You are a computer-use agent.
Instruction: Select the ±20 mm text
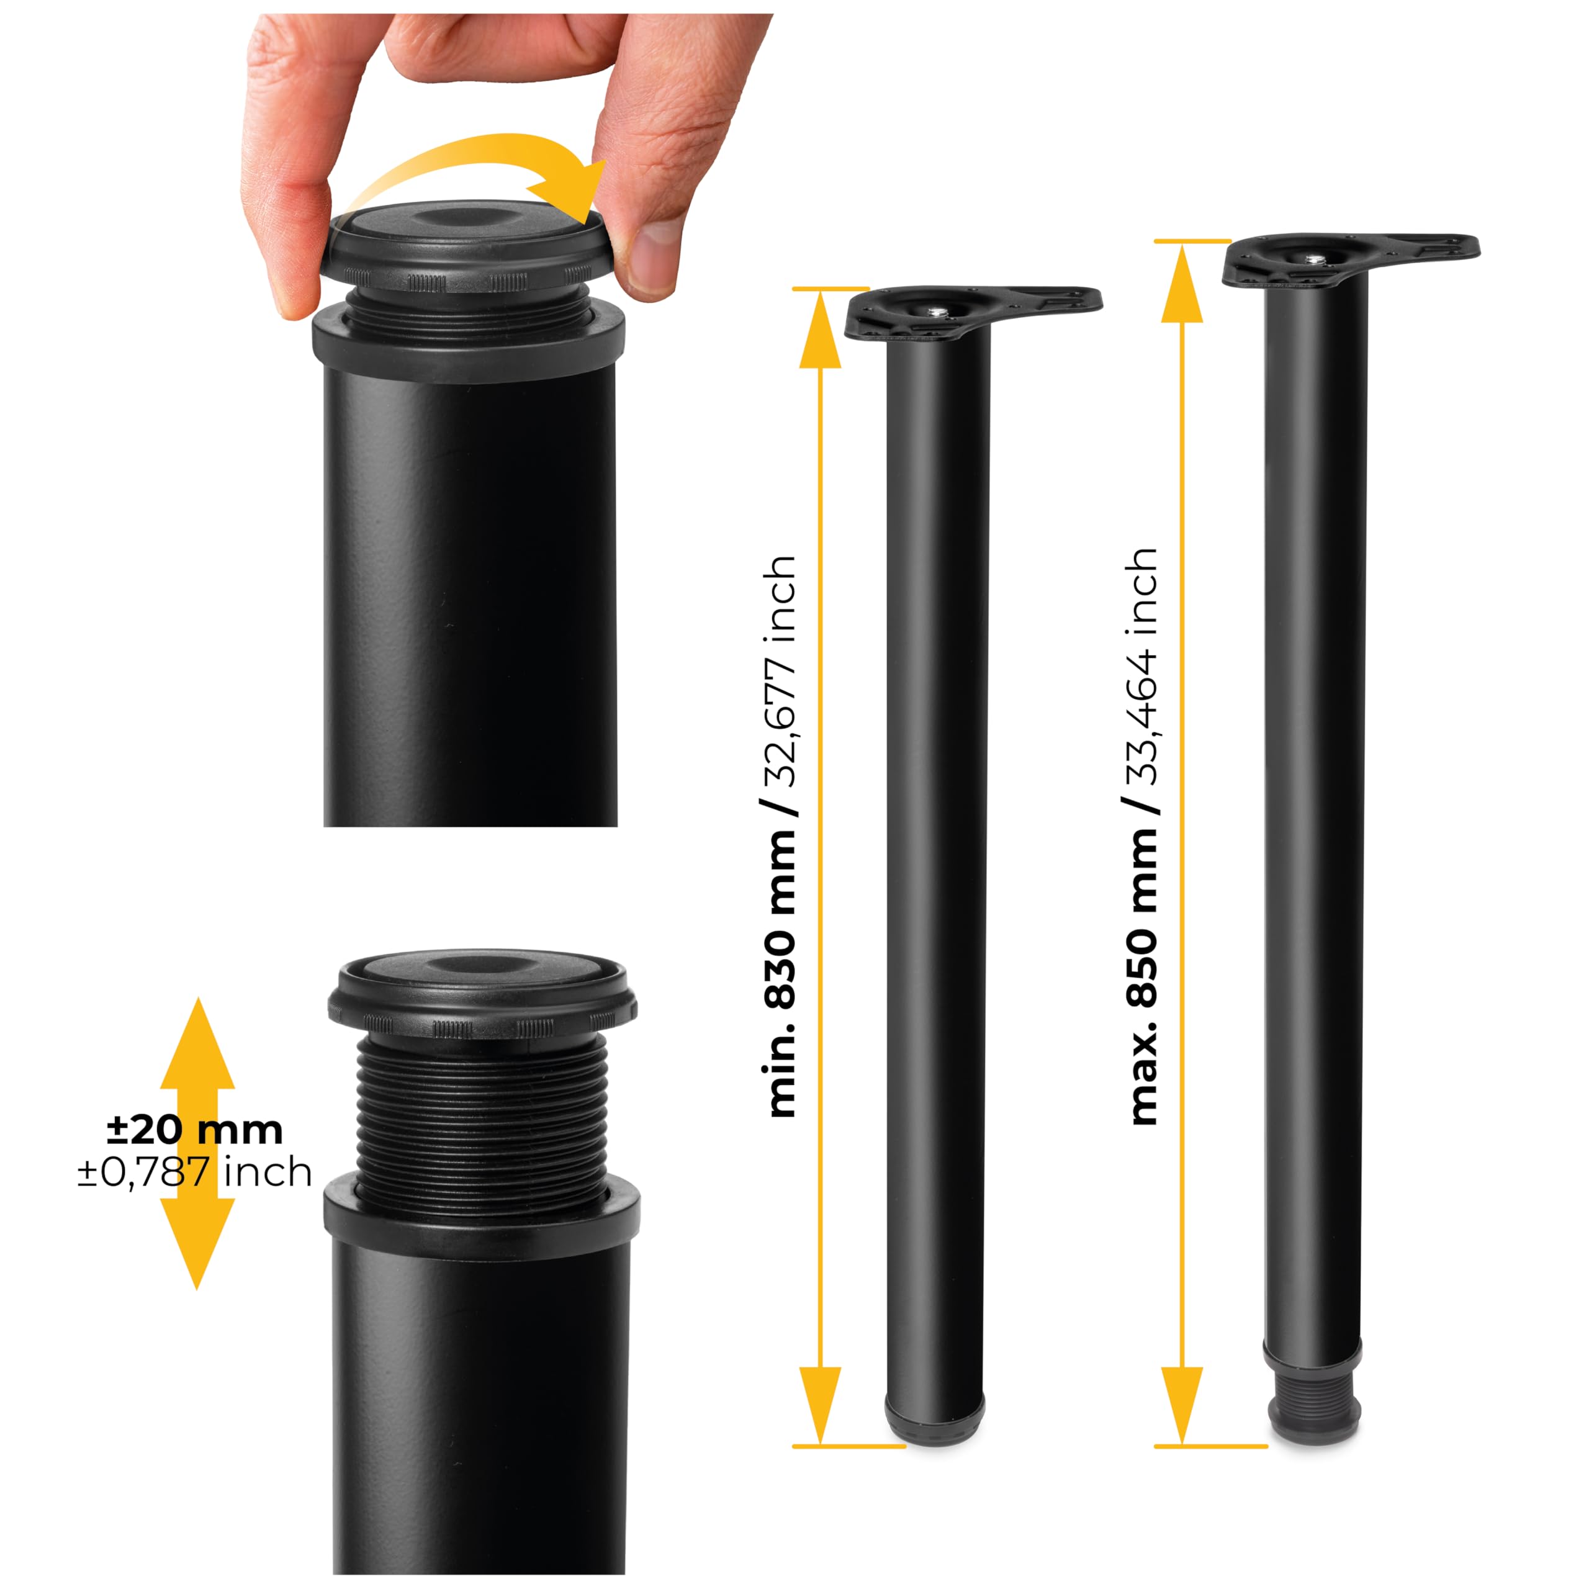[195, 1130]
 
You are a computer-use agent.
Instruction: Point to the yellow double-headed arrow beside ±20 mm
[197, 1143]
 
